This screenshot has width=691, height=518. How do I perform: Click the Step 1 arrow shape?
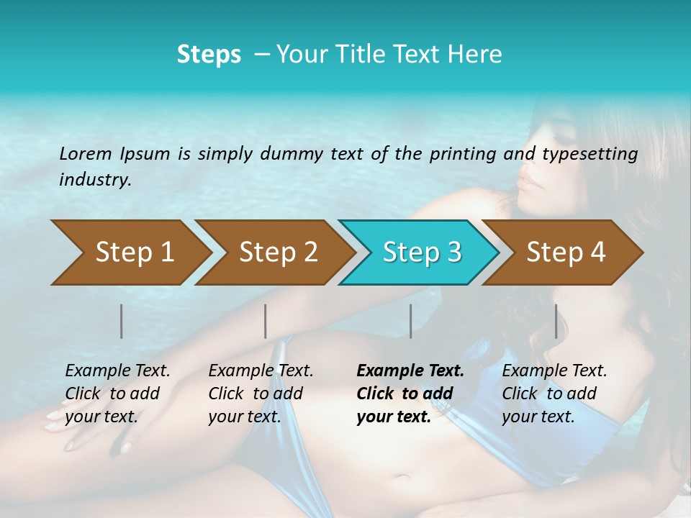130,253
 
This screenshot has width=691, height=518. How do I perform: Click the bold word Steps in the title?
209,55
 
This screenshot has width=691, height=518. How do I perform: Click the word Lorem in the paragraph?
85,153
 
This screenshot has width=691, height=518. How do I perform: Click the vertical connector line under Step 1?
122,321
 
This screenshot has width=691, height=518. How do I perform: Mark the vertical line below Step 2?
266,321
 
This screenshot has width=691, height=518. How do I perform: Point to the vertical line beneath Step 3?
410,321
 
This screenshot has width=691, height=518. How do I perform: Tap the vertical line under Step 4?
556,321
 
